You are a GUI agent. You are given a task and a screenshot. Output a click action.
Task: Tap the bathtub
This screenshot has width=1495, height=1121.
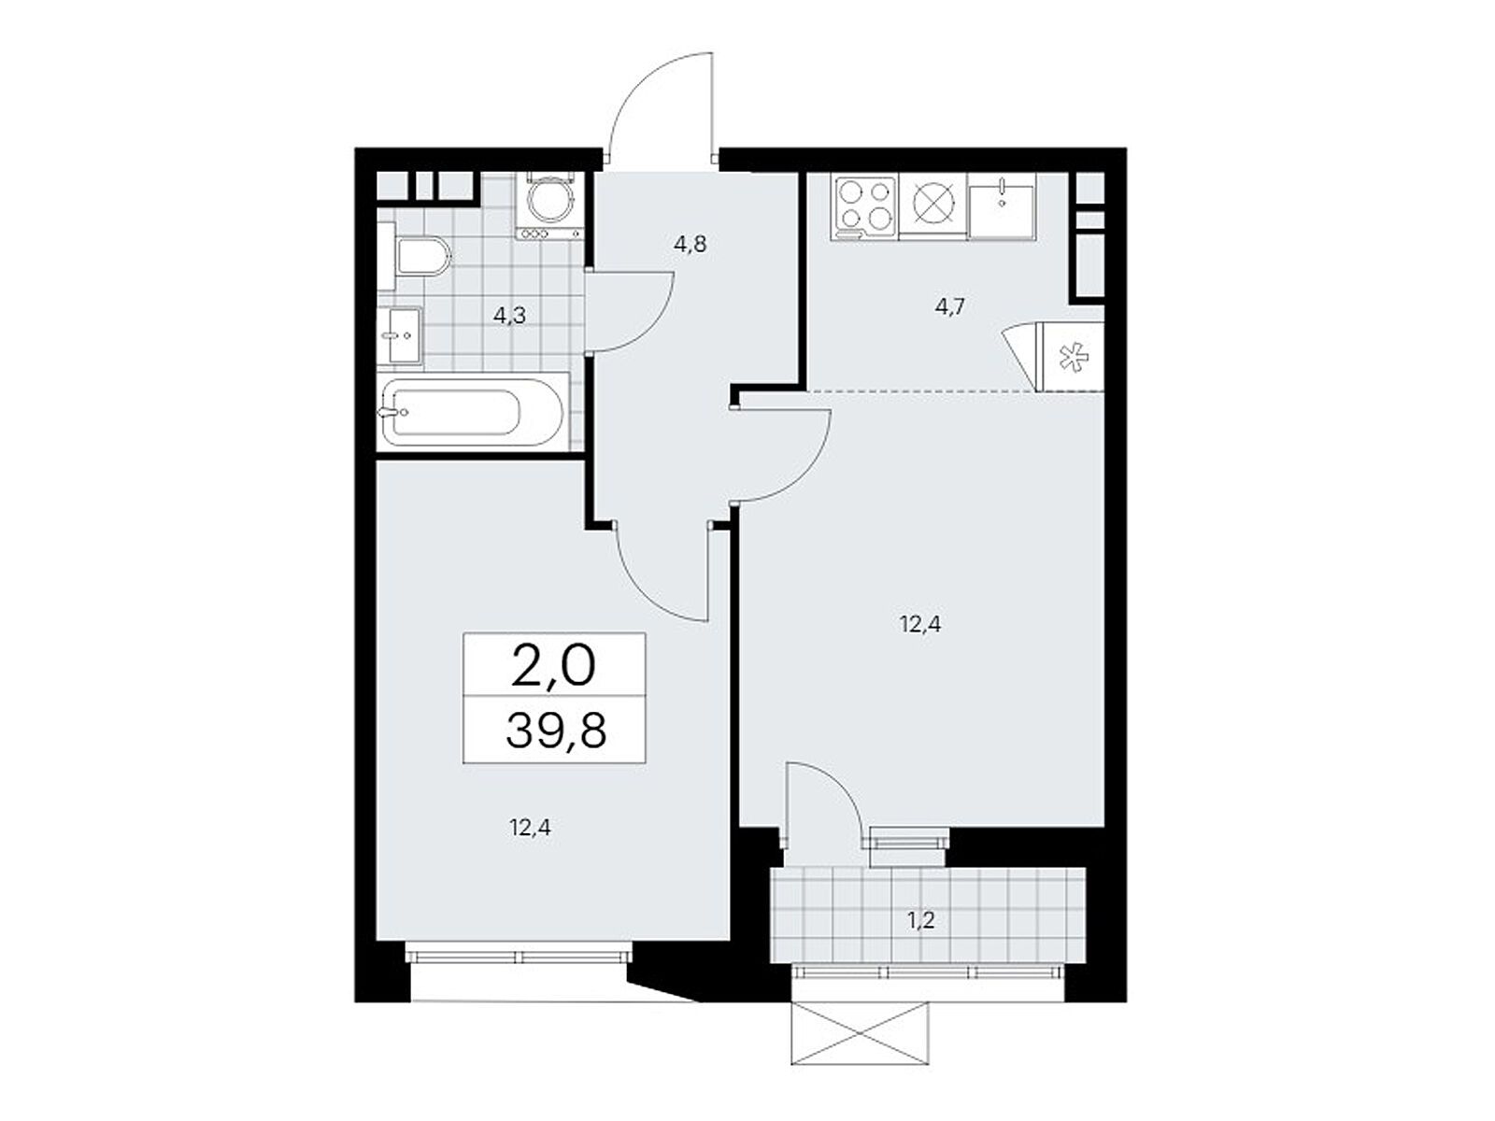472,411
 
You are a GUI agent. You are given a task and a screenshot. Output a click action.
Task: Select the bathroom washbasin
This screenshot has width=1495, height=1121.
402,334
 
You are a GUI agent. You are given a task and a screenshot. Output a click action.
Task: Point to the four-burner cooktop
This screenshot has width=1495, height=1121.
863,205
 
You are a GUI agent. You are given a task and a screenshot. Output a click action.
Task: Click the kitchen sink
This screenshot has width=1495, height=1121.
1001,206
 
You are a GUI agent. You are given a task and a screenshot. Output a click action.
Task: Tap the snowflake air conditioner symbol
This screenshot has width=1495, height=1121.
1072,356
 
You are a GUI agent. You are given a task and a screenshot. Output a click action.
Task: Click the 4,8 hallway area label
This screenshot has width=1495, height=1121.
690,245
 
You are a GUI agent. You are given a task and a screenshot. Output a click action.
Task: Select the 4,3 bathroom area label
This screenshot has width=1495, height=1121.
509,316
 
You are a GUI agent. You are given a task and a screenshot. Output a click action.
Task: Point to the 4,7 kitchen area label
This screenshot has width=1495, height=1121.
948,306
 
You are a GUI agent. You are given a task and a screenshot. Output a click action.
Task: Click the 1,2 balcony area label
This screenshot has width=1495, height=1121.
920,920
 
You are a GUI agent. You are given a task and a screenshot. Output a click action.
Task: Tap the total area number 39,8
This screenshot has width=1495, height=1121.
556,731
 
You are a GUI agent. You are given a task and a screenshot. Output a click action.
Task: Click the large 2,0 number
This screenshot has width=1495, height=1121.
554,666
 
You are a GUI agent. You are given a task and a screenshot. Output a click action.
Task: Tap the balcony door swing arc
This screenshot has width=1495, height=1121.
822,794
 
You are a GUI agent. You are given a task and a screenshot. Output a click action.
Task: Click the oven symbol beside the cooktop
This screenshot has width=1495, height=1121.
932,205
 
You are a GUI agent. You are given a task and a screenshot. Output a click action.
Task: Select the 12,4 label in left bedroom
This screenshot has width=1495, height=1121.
530,826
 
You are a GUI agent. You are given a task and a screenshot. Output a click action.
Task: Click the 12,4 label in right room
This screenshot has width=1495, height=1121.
920,624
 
